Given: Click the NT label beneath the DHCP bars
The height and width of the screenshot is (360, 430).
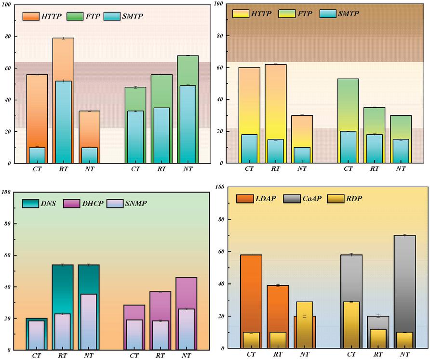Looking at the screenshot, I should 186,356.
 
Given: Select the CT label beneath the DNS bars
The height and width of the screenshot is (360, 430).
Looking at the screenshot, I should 37,356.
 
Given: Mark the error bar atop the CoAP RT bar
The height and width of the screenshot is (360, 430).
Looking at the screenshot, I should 378,316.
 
